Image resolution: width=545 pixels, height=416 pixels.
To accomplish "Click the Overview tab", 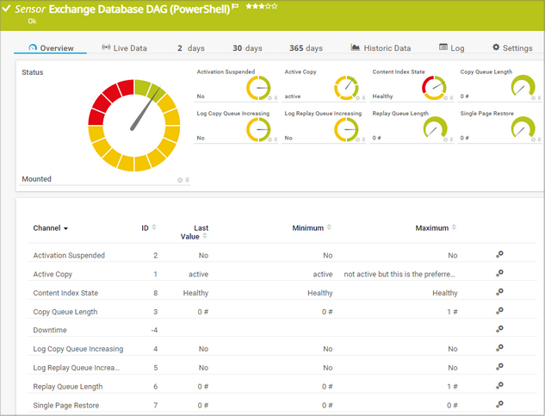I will [51, 48].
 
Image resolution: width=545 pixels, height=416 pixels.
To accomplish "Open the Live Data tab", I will [125, 48].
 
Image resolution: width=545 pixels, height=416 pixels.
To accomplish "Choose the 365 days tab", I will [307, 48].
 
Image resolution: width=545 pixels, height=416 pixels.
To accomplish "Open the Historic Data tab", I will [381, 48].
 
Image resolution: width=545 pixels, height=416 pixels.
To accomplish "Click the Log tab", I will [452, 48].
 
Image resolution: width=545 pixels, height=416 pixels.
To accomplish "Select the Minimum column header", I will [307, 228].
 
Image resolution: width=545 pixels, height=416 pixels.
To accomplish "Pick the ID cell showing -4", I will [154, 330].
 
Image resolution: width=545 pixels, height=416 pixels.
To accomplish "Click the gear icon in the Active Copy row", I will [499, 274].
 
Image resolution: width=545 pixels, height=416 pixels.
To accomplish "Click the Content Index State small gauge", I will [434, 87].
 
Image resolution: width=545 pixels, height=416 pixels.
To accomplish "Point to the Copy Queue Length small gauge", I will [522, 87].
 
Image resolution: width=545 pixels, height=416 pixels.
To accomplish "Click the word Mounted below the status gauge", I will [36, 179].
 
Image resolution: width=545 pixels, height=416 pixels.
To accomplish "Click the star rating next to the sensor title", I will [262, 7].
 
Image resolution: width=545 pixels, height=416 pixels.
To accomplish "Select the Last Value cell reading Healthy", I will [195, 293].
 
